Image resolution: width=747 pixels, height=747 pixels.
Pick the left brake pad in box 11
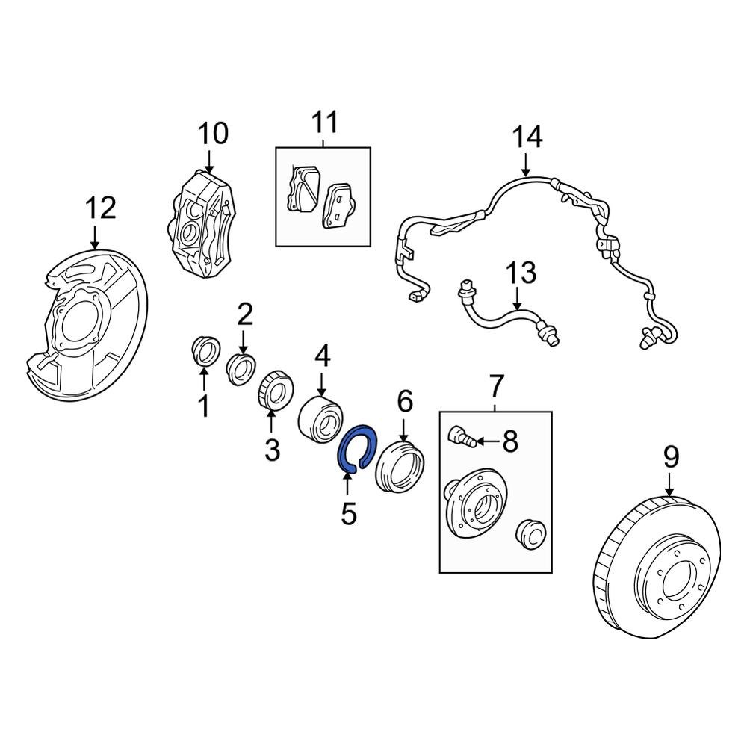[302, 189]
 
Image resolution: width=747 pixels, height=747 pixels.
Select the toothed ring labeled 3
[273, 391]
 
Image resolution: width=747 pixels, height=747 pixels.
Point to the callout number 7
[496, 386]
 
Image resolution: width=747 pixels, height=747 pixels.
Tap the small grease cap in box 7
[532, 535]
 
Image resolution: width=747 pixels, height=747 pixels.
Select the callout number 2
[245, 315]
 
